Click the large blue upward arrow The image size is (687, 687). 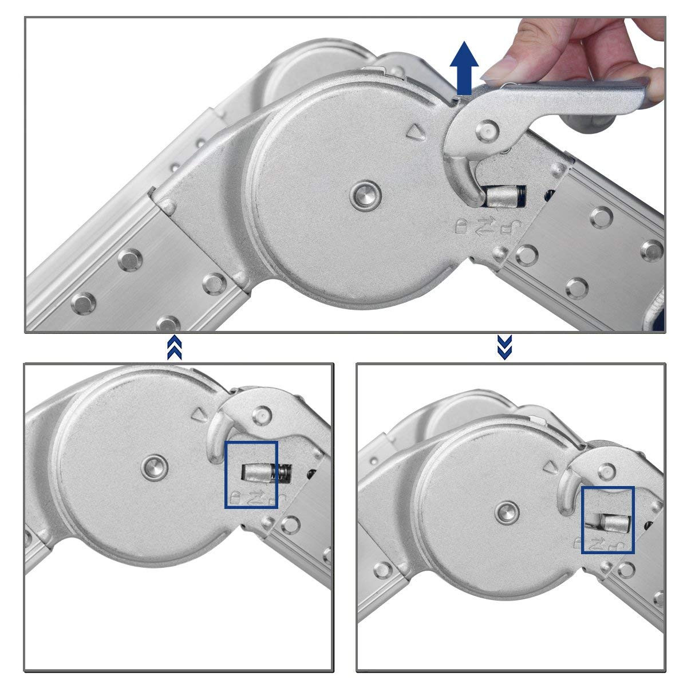tap(464, 67)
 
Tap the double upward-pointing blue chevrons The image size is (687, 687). tap(175, 348)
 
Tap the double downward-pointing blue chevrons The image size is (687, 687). tap(504, 348)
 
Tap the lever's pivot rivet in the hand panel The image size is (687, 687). tap(488, 130)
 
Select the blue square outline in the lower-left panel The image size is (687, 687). tap(251, 475)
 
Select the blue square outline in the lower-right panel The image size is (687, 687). tap(607, 520)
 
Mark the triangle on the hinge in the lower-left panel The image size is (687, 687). tap(199, 414)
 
